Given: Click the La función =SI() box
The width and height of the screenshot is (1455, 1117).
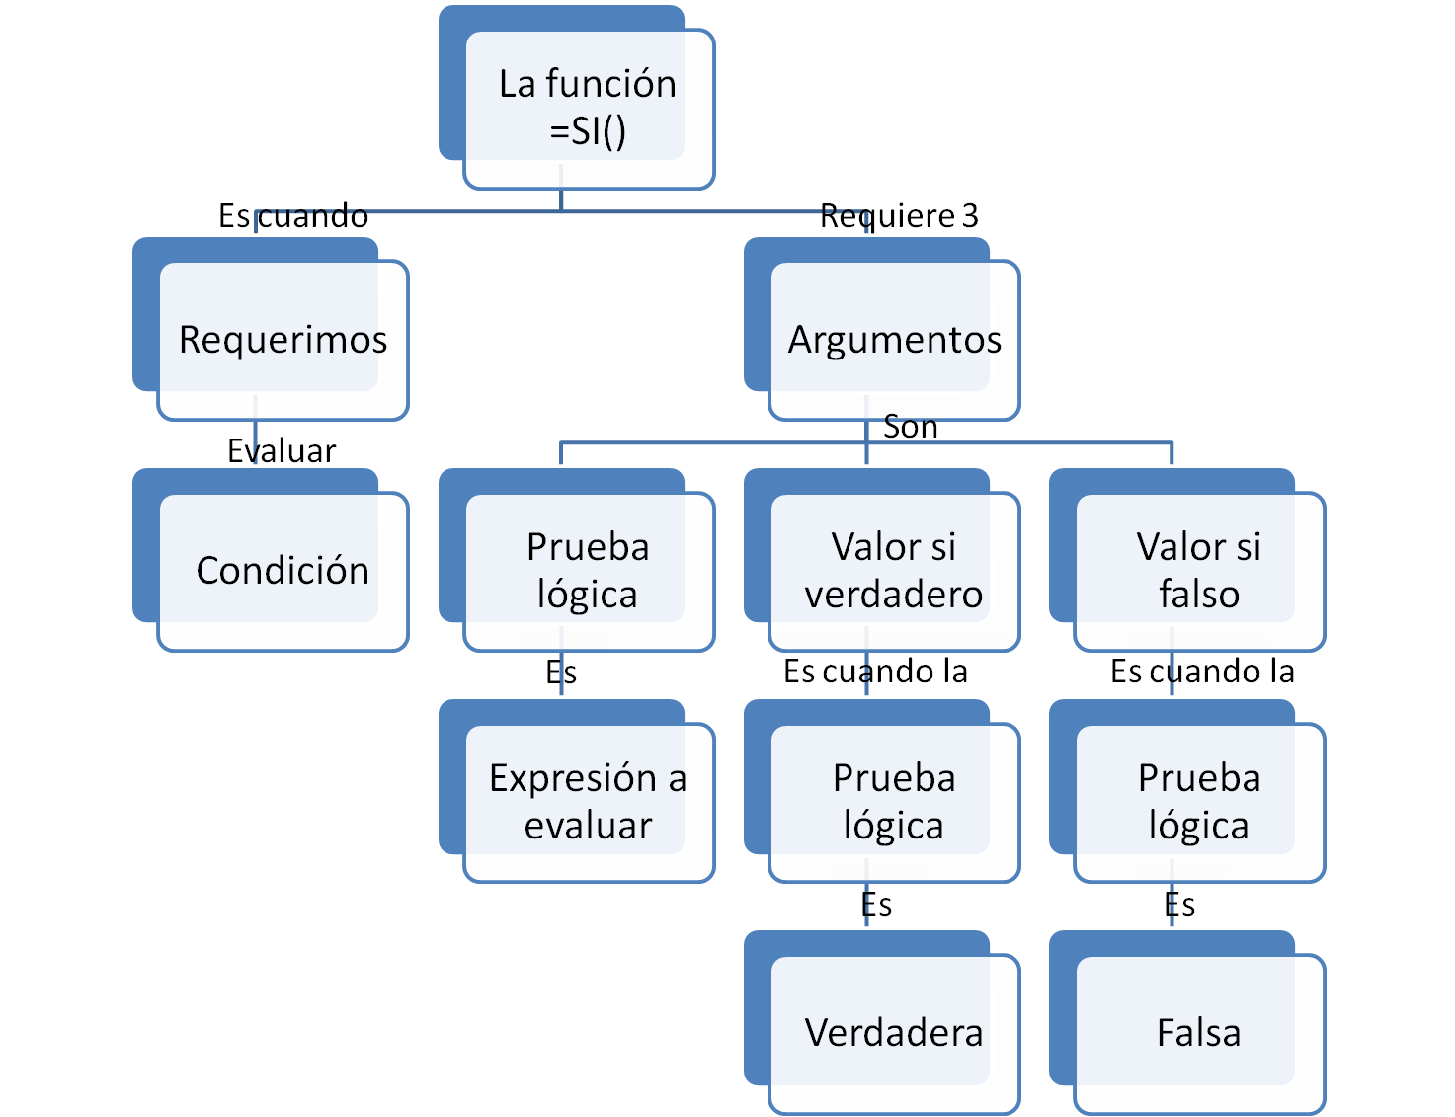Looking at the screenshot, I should [x=588, y=108].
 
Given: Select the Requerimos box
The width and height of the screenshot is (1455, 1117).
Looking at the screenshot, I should [x=283, y=340].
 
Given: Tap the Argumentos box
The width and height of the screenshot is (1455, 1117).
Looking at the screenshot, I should [x=894, y=340].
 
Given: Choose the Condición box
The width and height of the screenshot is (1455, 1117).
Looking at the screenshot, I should [x=283, y=571].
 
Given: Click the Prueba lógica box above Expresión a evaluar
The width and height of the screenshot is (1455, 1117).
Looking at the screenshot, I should [x=588, y=571].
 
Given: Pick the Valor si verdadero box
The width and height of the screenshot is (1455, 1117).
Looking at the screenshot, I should [x=894, y=571].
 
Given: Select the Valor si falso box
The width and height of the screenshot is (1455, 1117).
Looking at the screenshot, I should [x=1198, y=571].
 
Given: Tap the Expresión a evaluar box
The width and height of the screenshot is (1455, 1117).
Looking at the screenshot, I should [x=588, y=802].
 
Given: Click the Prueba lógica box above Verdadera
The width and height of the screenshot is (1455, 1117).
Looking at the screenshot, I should [x=894, y=802].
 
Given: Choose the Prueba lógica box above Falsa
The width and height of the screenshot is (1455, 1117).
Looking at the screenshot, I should [x=1198, y=802].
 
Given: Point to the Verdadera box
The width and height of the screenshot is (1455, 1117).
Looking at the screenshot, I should [x=894, y=1033].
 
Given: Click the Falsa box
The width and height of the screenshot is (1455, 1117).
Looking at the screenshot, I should [x=1198, y=1033].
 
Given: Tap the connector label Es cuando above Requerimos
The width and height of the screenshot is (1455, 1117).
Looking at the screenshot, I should [x=293, y=215].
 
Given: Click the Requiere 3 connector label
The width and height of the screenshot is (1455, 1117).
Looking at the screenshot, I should [x=899, y=215].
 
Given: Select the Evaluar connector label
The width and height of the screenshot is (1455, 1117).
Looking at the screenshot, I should [x=282, y=450].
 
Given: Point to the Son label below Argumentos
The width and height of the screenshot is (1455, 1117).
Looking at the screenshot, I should [x=910, y=427].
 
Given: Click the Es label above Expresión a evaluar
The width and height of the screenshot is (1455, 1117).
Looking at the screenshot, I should [x=561, y=673].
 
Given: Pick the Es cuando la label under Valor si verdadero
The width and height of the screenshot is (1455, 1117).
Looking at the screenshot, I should [x=875, y=672].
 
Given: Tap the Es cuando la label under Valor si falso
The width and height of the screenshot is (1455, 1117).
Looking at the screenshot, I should [x=1202, y=672].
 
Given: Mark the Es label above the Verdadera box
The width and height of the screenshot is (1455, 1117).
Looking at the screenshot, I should [x=876, y=904].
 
